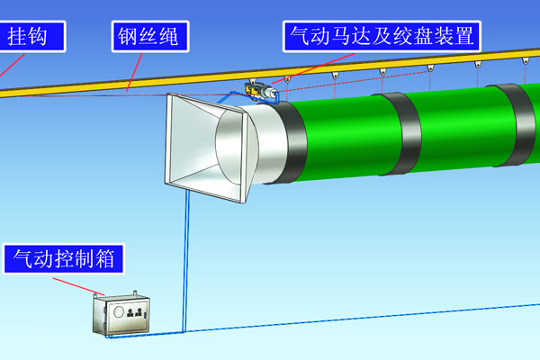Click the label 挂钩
coord(33,37)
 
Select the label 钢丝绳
coord(152,37)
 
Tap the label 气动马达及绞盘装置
coord(379,37)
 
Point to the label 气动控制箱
coord(63,260)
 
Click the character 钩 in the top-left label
coord(49,37)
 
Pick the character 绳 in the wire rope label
coord(175,37)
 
